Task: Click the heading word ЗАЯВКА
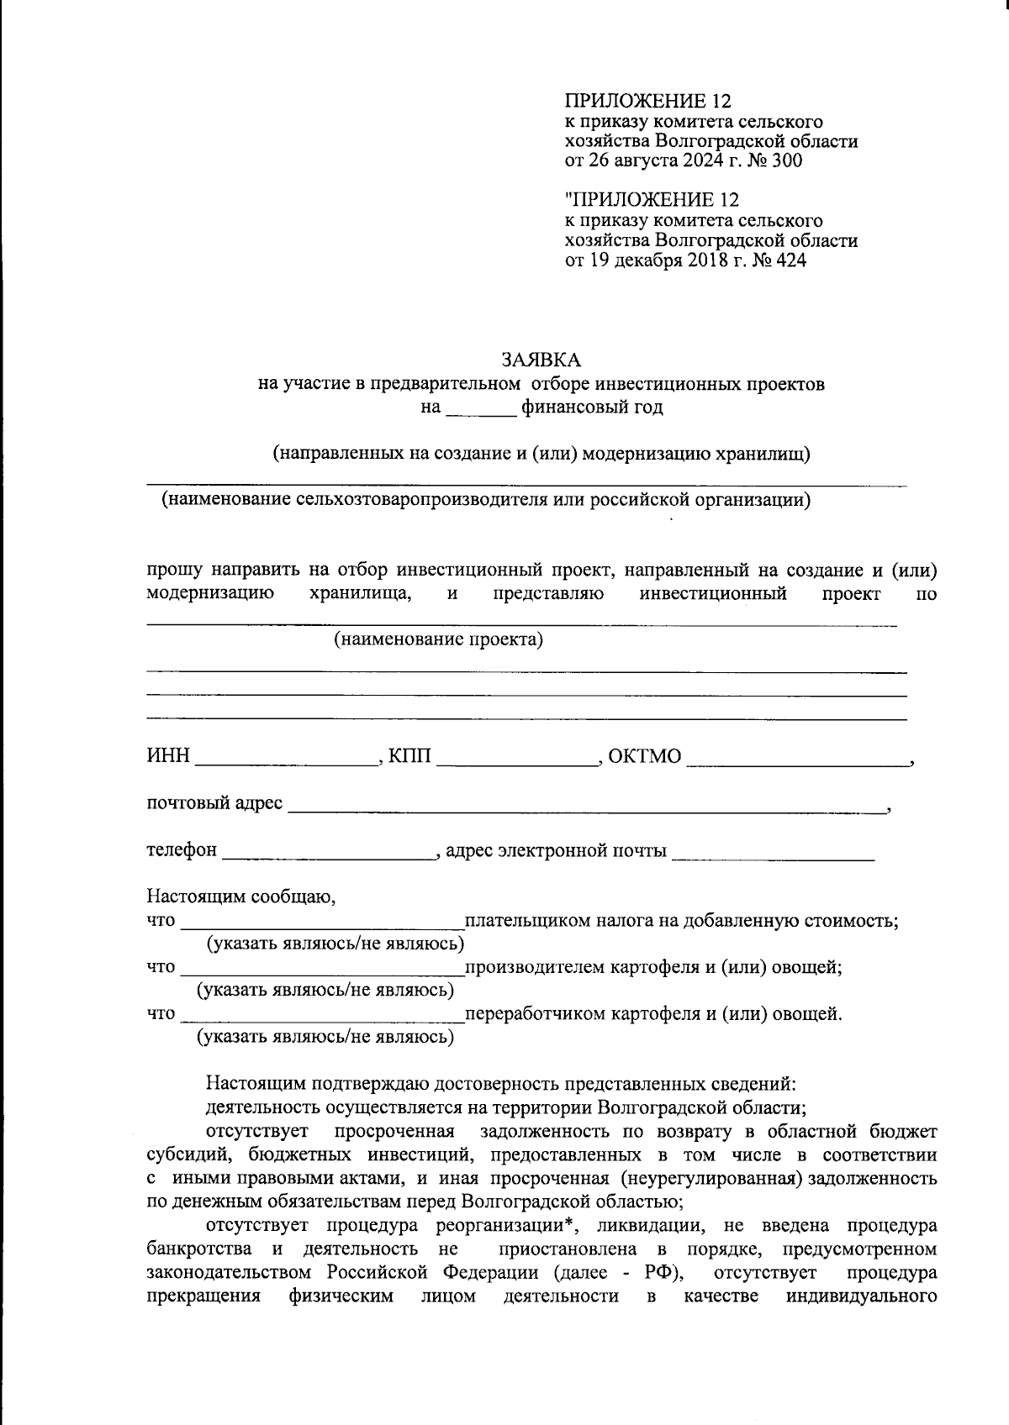click(541, 360)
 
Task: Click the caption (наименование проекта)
click(438, 640)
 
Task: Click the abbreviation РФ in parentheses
click(659, 1269)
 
